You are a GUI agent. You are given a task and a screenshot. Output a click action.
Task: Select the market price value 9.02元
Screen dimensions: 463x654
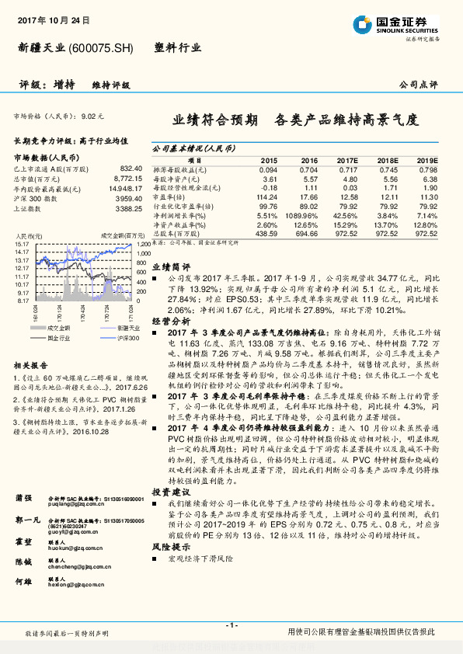tap(92, 116)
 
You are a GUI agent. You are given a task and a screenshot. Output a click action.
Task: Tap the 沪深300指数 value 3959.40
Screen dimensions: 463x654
tap(127, 198)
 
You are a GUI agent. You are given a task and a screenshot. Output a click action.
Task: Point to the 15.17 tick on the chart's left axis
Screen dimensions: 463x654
tap(21, 244)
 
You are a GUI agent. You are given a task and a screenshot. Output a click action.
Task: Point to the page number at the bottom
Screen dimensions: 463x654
tap(231, 625)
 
